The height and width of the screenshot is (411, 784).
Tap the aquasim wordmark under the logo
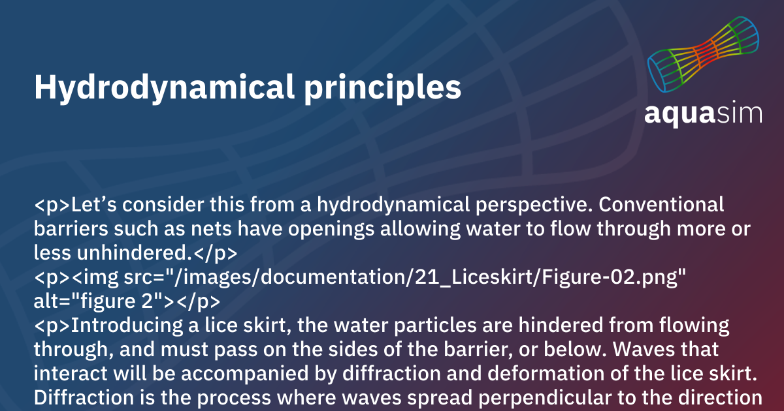[x=703, y=112]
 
